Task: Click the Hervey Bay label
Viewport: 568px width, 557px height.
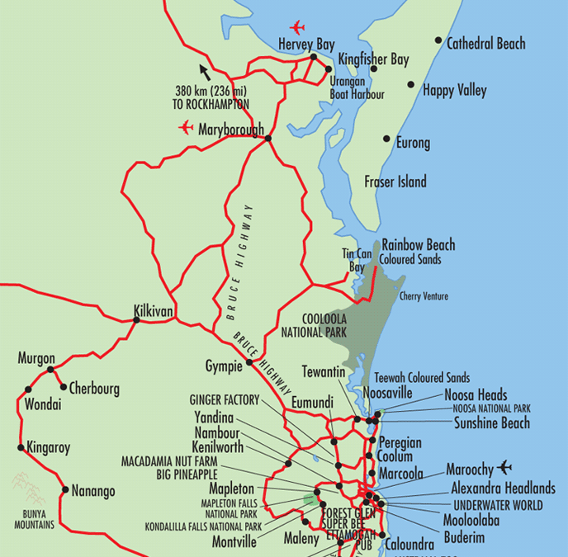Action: tap(306, 44)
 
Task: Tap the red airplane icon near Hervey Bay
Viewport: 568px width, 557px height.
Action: tap(297, 26)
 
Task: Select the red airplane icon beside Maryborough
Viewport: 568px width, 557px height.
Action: tap(186, 128)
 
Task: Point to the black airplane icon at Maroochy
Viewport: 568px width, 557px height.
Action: tap(504, 467)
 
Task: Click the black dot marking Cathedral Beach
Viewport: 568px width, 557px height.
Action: tap(438, 40)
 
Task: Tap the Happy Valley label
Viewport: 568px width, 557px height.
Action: tap(454, 91)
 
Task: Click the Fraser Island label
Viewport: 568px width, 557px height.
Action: tap(395, 182)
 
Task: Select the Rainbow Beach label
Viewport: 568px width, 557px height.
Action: tap(418, 245)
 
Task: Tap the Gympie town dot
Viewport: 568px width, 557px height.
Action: tap(248, 361)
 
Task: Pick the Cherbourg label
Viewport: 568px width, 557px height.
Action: tap(94, 388)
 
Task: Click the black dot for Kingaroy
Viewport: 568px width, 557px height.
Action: tap(21, 448)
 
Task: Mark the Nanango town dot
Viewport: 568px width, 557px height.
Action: tap(65, 489)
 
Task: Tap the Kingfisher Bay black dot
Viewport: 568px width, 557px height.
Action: tap(373, 68)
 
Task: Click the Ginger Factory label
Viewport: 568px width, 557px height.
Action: tap(225, 400)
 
